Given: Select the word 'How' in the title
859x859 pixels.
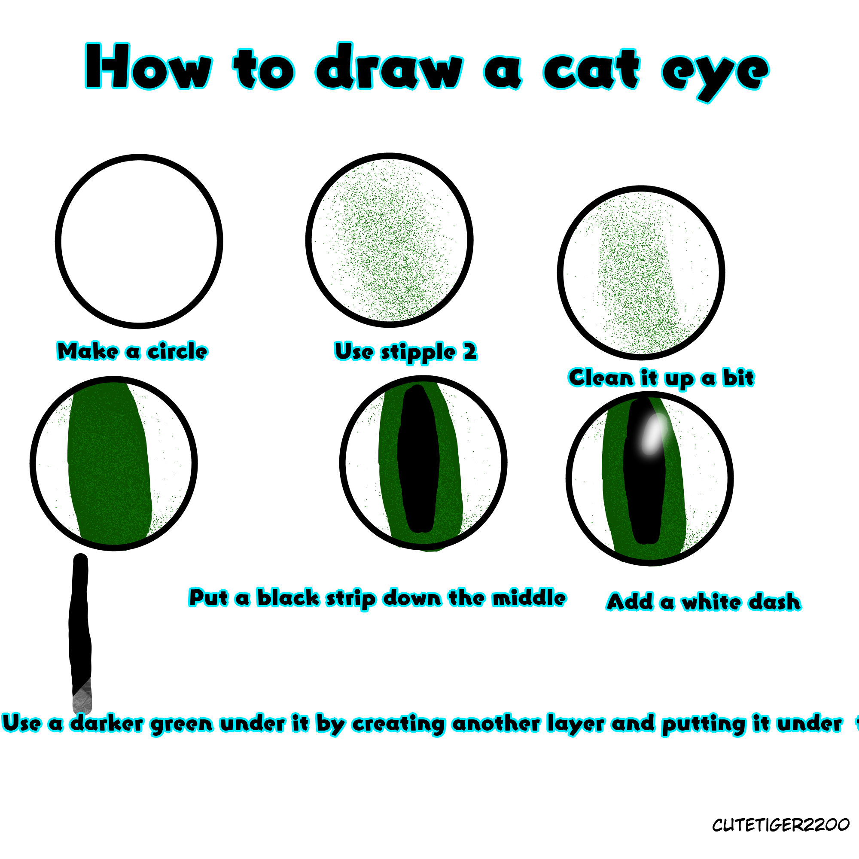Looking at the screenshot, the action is (x=149, y=67).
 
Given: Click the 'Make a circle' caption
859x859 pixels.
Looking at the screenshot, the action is (x=132, y=351).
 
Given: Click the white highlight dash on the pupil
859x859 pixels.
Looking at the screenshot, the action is (x=653, y=434).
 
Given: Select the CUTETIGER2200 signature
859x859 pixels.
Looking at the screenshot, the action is (x=780, y=825).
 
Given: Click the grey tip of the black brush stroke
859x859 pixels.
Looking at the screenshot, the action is (x=82, y=698).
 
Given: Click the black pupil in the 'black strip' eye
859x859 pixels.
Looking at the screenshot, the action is (x=418, y=458).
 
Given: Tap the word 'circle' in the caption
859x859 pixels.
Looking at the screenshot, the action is (x=177, y=351).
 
